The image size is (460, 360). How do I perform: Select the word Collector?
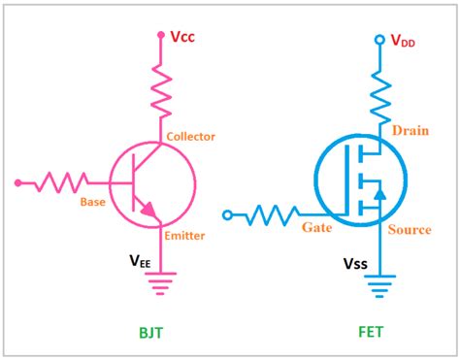pos(191,137)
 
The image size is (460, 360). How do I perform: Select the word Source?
pos(410,230)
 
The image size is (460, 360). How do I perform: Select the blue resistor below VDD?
pos(379,97)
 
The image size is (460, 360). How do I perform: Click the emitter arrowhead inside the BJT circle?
pos(148,207)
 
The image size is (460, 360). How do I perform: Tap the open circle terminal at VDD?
pos(379,41)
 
